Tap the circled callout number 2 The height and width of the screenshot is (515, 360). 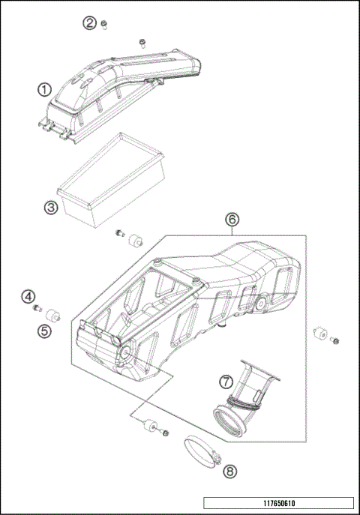point(90,23)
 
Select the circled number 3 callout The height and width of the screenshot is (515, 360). point(50,208)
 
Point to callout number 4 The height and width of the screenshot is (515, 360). point(28,297)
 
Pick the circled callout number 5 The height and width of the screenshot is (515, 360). point(45,329)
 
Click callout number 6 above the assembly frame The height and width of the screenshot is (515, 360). point(232,219)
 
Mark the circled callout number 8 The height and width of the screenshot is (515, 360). point(229,471)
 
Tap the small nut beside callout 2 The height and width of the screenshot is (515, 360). point(106,23)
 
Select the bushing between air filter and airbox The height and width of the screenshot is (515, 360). point(136,241)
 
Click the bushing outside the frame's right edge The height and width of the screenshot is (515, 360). point(319,334)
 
